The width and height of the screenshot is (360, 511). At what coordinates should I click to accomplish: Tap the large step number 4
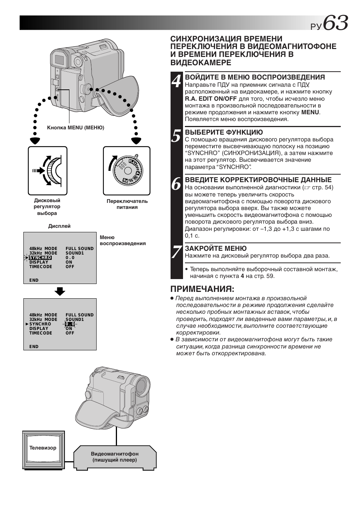click(176, 81)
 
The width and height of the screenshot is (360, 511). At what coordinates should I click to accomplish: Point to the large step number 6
click(176, 184)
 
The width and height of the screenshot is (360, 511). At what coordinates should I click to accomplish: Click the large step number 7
click(176, 252)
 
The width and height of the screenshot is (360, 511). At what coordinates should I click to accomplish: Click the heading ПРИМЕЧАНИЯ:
click(202, 289)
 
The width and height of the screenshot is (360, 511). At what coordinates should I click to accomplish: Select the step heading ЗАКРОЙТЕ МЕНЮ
click(215, 248)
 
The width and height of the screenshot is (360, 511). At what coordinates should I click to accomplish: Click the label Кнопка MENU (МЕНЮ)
click(75, 127)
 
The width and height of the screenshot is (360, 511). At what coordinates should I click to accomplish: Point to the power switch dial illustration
click(127, 171)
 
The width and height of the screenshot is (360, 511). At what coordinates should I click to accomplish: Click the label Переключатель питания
click(127, 204)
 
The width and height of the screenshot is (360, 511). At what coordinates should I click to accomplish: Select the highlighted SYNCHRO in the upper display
click(40, 258)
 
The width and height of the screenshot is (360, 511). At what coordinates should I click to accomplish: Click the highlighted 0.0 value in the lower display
click(70, 324)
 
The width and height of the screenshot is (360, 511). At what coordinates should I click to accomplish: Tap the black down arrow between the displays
click(60, 291)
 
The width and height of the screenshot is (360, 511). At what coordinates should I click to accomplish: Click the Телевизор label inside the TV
click(43, 448)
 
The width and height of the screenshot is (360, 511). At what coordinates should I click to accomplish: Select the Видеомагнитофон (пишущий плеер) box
click(115, 457)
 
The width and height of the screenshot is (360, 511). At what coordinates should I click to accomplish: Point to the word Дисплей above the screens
click(59, 226)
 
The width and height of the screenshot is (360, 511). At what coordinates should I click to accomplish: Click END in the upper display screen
click(34, 280)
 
